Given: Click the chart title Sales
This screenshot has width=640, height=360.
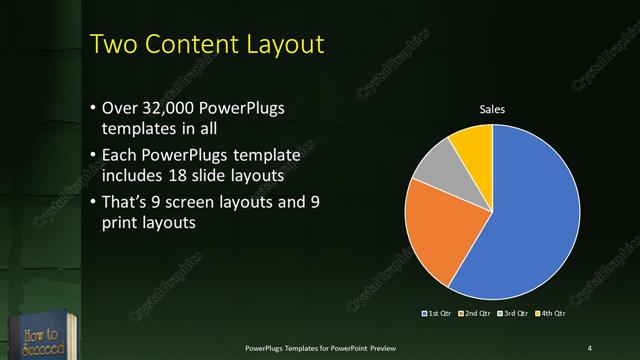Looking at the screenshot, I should [x=492, y=109].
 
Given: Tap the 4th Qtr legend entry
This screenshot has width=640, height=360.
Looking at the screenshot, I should [x=547, y=315].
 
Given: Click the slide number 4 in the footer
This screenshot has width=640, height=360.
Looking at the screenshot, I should [x=589, y=347].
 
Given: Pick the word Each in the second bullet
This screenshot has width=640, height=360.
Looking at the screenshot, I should [x=120, y=156].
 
